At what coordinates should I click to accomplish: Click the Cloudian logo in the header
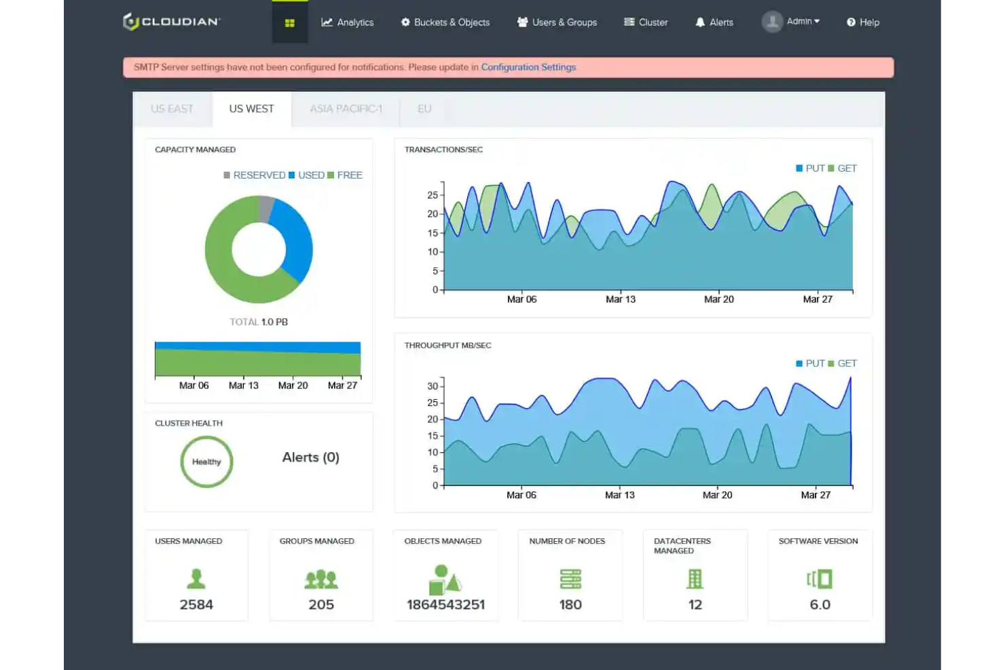(x=171, y=22)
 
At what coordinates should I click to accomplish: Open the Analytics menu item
(x=348, y=22)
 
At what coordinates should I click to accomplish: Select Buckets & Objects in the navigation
(x=445, y=22)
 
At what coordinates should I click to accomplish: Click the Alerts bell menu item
(x=714, y=22)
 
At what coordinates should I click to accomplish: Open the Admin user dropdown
(x=791, y=22)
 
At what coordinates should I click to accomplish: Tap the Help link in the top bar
(x=863, y=22)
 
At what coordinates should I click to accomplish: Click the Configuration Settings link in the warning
(x=528, y=67)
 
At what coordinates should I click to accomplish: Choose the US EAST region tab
(x=172, y=109)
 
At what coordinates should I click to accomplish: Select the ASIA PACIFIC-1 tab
(x=346, y=109)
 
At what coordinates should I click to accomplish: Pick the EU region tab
(x=424, y=109)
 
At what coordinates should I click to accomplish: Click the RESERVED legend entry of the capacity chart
(x=255, y=175)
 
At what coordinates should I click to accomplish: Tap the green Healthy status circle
(x=206, y=462)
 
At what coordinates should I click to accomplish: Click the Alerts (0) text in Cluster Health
(x=310, y=458)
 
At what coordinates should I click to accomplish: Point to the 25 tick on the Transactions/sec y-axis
(x=433, y=195)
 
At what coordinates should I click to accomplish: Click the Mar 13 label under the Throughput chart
(x=619, y=495)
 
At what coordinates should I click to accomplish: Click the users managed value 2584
(x=196, y=604)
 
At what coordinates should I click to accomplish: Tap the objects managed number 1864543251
(x=445, y=604)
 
